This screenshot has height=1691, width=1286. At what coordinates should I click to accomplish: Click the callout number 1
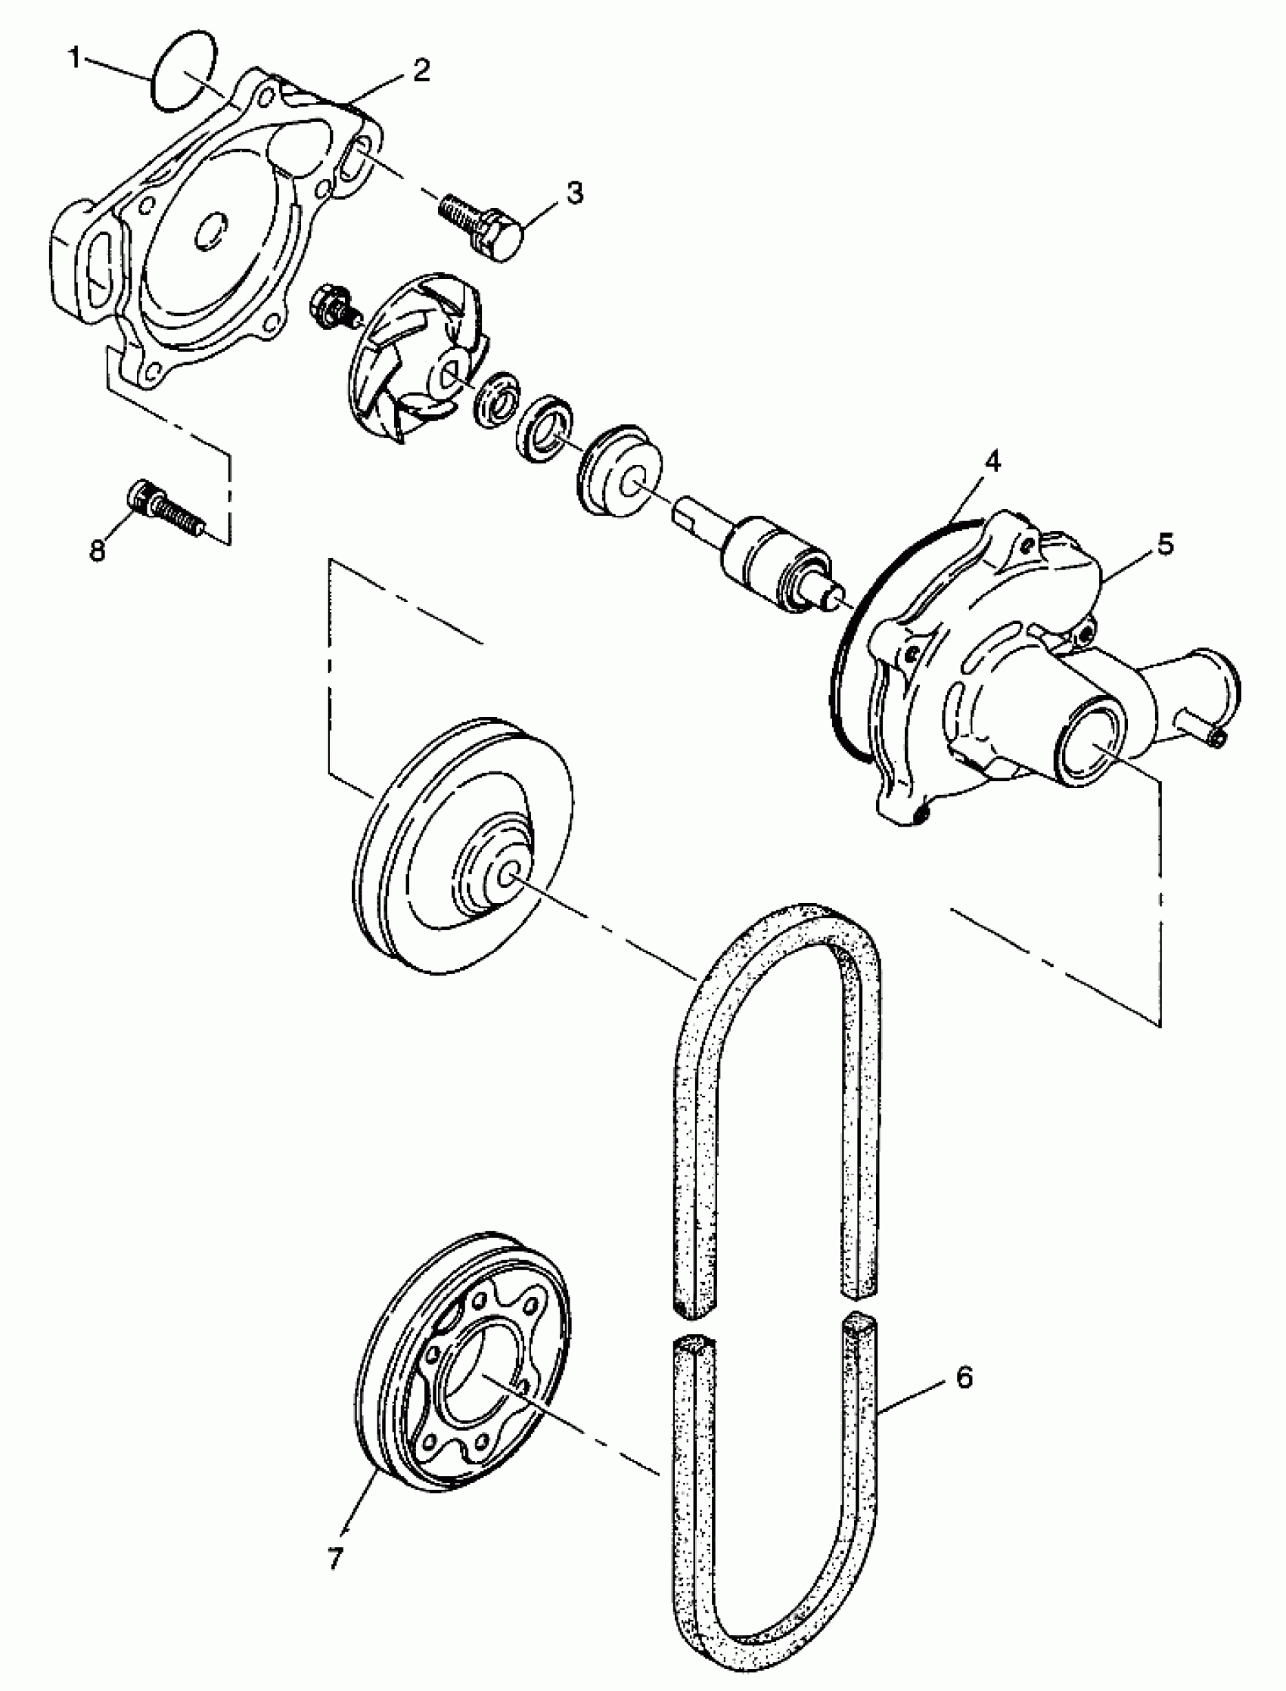click(x=74, y=58)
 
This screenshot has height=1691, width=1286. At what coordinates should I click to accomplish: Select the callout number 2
click(x=421, y=70)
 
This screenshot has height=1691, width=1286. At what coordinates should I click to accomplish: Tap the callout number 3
click(x=574, y=192)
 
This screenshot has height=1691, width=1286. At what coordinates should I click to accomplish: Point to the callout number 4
click(x=992, y=462)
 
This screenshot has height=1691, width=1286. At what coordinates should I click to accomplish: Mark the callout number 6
click(x=964, y=1377)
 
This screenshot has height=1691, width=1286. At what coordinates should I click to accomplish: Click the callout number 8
click(x=98, y=549)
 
